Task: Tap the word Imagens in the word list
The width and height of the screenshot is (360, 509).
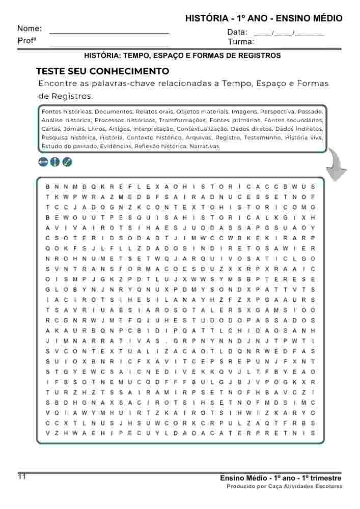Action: click(244, 111)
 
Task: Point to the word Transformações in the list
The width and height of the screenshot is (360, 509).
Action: click(183, 120)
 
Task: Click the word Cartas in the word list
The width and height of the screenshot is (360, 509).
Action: click(50, 129)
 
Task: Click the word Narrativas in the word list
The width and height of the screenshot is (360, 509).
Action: click(205, 146)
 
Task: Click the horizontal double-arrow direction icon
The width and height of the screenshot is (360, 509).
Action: click(43, 162)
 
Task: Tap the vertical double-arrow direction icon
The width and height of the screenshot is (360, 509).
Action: click(55, 162)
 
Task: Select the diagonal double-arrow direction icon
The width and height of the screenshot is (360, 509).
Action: click(67, 162)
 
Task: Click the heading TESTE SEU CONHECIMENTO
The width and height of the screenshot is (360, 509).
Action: click(102, 71)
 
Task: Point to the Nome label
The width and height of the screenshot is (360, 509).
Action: click(30, 29)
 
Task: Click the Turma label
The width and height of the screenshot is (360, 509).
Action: click(240, 42)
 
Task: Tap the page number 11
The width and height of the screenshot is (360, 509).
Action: click(22, 476)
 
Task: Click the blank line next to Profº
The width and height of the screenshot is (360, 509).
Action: click(109, 45)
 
